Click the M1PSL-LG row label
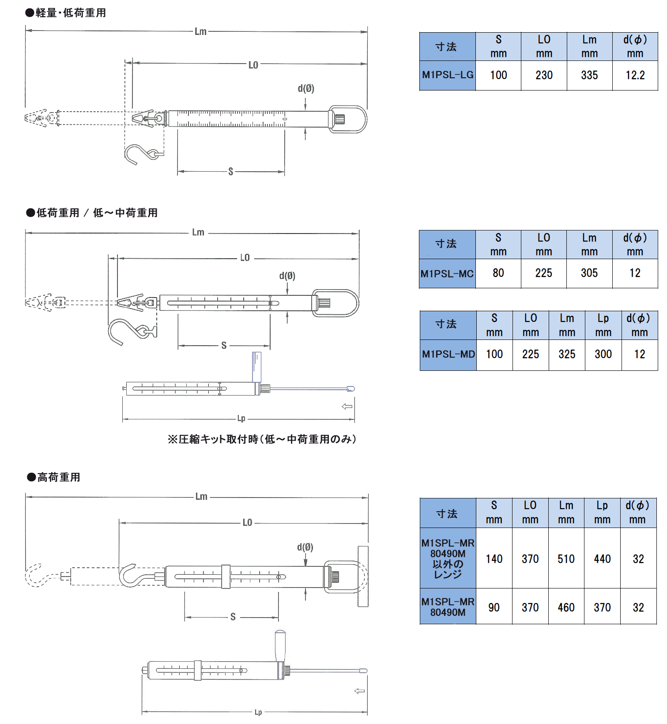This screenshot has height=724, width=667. (448, 75)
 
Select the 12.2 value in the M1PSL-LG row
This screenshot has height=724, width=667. (635, 75)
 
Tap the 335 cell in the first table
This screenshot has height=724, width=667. (589, 75)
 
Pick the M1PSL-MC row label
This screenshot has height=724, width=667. (447, 274)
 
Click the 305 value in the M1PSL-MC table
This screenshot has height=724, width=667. (589, 273)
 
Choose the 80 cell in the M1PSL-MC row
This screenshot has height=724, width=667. (498, 273)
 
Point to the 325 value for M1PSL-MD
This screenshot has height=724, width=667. (567, 354)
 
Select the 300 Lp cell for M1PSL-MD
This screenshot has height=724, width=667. (603, 354)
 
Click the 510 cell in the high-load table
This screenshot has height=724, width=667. (566, 559)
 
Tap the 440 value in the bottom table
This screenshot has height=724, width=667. (602, 559)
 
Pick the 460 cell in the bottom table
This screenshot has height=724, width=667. (566, 607)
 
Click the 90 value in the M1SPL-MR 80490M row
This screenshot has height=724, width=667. (494, 607)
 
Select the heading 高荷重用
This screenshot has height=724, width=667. (58, 477)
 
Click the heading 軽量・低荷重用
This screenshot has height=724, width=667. (71, 13)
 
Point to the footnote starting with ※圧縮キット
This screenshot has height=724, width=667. (262, 439)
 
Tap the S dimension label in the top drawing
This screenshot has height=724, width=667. (230, 172)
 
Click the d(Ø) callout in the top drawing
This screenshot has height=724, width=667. (305, 88)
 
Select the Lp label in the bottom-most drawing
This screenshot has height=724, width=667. (258, 712)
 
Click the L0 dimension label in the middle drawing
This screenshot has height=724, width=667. (245, 258)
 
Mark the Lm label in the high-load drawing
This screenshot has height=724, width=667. (201, 497)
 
